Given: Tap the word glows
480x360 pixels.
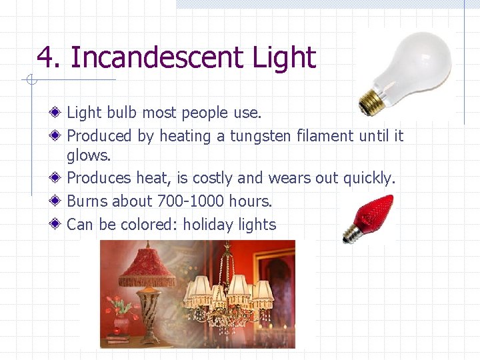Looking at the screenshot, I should click(x=88, y=155).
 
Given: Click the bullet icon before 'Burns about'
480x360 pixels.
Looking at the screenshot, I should click(x=58, y=201).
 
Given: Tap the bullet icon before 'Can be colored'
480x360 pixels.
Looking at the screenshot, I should click(x=58, y=224).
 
